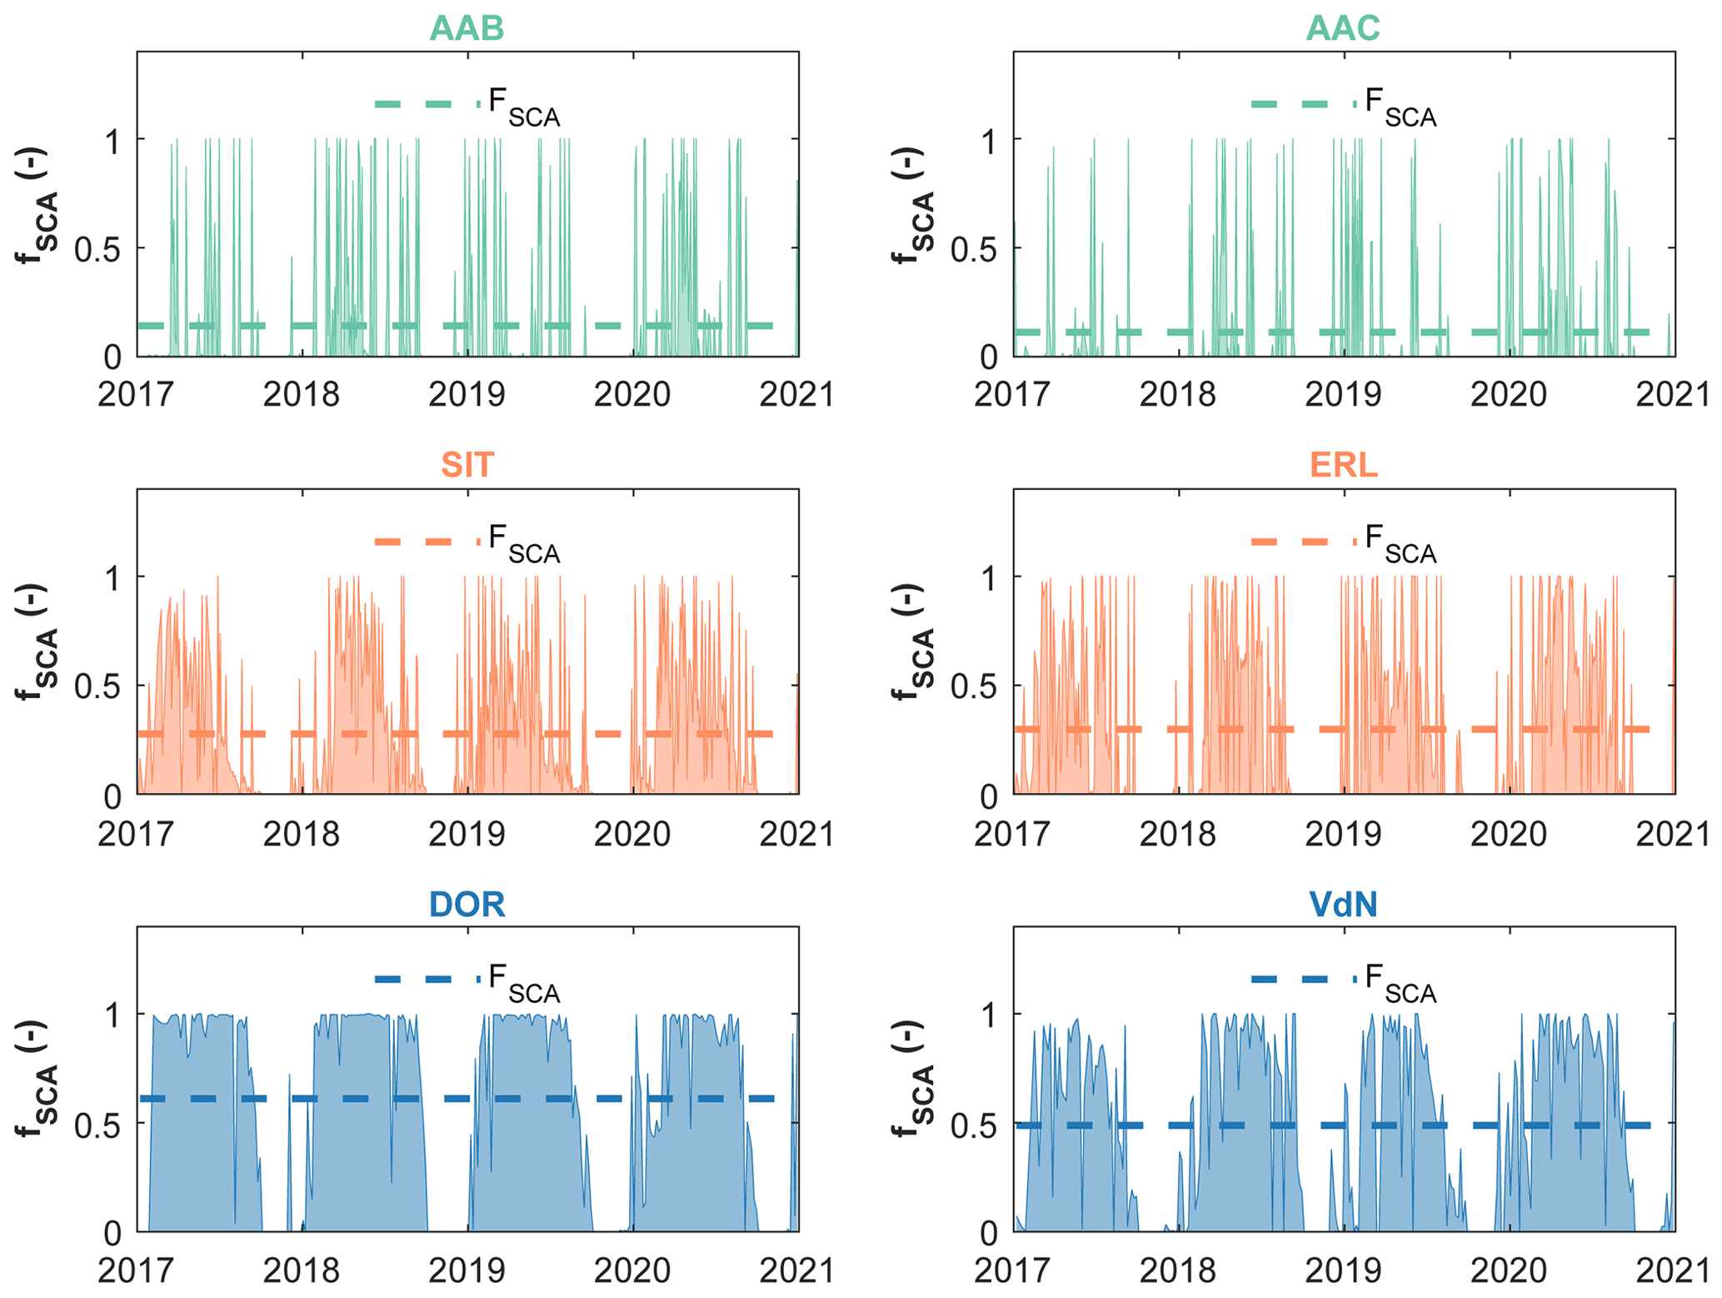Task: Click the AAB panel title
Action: pos(467,28)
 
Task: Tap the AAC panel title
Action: pos(1343,28)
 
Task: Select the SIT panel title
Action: pos(467,465)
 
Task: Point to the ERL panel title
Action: pos(1343,465)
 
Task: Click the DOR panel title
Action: pos(467,904)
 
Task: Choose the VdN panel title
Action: pos(1343,904)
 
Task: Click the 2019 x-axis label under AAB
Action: pos(467,394)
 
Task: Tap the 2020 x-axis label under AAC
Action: pos(1508,394)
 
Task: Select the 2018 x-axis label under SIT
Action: pos(302,833)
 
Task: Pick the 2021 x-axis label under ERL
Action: pos(1673,833)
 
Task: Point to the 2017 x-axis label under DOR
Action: pos(136,1271)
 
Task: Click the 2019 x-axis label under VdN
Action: pos(1343,1271)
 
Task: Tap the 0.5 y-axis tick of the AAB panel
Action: pos(97,248)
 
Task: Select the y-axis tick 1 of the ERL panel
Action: pos(988,577)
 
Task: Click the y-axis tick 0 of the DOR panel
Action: pos(112,1233)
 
